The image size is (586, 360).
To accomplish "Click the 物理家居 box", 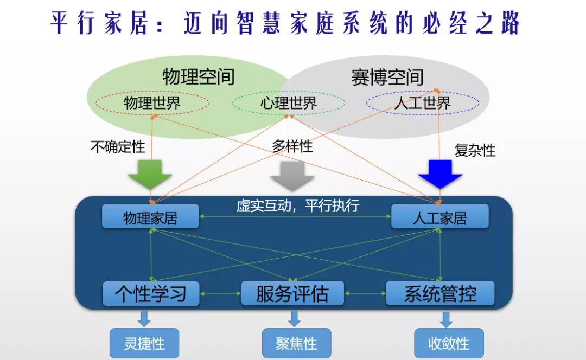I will tap(150, 217).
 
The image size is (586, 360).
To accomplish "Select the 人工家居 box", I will tap(439, 217).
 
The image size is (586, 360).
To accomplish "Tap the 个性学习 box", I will tap(151, 293).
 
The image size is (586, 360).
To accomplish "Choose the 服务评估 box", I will tap(292, 293).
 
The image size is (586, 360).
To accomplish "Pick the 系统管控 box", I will tap(440, 293).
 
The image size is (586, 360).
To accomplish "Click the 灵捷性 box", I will tap(144, 343).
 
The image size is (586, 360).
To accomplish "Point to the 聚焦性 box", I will tap(296, 343).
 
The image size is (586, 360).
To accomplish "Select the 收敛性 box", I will tap(449, 343).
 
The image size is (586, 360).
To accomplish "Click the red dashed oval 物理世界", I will tap(152, 103).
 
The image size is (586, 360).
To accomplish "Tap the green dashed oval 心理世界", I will tap(288, 103).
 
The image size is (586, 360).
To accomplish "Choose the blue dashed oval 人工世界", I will tap(422, 103).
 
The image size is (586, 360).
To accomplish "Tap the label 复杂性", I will tap(475, 150).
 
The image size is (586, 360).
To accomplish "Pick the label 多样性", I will tap(292, 145).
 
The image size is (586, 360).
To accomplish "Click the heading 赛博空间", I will tap(387, 77).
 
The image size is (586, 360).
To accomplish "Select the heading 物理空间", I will tap(199, 76).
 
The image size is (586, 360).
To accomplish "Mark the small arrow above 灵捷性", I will tap(144, 318).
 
